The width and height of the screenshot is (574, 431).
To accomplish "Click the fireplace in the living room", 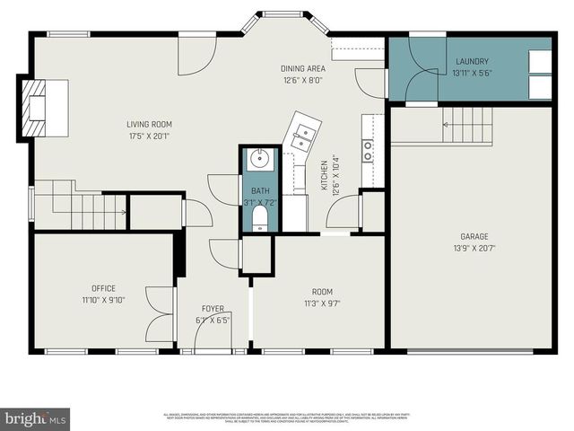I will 37,108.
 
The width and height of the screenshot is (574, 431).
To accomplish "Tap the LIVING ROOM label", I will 149,125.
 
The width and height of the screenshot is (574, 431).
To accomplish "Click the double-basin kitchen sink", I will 305,136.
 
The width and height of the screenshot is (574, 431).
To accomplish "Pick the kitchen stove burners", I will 368,151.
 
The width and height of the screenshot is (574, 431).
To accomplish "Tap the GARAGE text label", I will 474,237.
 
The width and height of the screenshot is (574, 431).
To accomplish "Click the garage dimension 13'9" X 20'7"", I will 474,249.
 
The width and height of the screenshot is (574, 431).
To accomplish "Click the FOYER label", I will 213,309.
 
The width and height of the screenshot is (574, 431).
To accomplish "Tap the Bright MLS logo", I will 36,418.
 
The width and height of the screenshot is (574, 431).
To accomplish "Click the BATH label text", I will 260,190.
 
